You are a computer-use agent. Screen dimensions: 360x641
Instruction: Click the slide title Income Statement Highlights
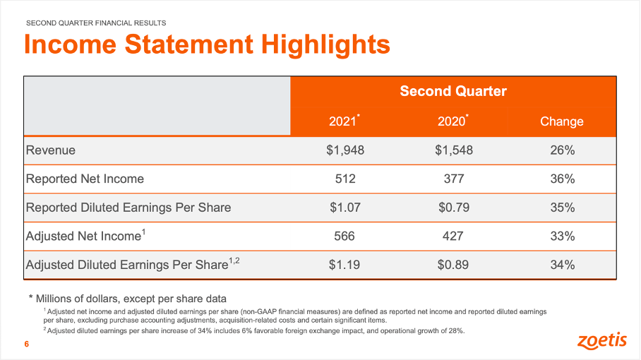point(207,45)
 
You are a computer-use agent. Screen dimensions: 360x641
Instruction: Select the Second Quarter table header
point(453,91)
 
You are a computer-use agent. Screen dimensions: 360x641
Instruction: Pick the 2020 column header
point(453,121)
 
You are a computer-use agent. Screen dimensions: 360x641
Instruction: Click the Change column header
point(561,121)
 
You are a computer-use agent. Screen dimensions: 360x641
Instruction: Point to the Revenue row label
point(51,150)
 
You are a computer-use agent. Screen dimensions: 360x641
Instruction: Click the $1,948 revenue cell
point(345,150)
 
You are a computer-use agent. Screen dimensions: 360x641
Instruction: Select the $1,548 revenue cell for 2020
point(453,150)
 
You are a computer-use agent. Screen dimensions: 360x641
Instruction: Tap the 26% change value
point(561,150)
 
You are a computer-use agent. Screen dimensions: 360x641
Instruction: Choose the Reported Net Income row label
point(85,179)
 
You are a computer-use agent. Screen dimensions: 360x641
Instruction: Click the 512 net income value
point(345,179)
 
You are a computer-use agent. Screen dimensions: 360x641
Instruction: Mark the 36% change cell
point(561,179)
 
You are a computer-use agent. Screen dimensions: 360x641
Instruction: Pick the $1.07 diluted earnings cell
point(345,208)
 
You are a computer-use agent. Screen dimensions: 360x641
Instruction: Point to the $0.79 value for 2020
point(453,208)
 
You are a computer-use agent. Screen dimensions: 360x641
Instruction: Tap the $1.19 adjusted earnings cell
point(345,265)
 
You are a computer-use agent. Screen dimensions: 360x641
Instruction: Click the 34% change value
point(561,265)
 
